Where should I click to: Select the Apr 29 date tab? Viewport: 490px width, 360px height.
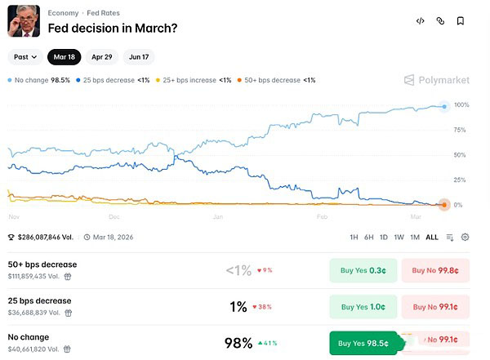click(x=102, y=58)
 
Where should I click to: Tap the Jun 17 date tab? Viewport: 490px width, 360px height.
click(x=138, y=58)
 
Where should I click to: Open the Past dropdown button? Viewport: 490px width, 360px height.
click(x=24, y=58)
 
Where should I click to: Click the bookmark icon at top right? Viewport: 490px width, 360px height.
click(x=461, y=21)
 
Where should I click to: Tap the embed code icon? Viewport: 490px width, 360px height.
click(x=420, y=21)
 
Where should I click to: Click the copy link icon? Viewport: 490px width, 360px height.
click(x=440, y=21)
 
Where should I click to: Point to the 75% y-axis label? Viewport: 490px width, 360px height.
click(x=460, y=130)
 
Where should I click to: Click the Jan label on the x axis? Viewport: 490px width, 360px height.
click(x=218, y=218)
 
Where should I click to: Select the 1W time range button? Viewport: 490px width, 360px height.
click(x=399, y=238)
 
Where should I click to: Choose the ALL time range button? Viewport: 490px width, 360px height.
click(x=432, y=238)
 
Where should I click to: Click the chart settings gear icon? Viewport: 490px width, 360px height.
click(x=465, y=238)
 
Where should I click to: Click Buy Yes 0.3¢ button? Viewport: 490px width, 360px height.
click(x=363, y=271)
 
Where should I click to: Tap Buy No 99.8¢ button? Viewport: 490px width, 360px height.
click(x=435, y=271)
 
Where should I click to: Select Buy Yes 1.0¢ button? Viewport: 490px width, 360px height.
click(x=363, y=307)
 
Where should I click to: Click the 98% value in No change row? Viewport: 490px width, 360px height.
click(x=238, y=343)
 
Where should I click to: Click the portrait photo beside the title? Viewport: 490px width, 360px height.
click(x=24, y=20)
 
